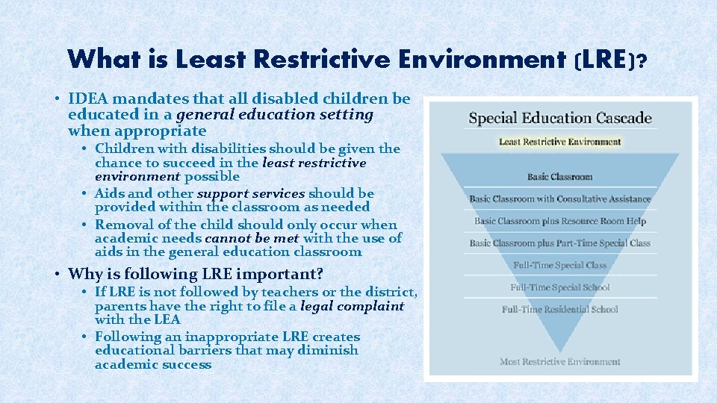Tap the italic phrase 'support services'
(250, 193)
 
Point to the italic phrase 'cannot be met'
(252, 238)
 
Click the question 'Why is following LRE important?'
(196, 273)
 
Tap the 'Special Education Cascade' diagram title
(559, 118)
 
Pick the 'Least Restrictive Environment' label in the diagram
(559, 142)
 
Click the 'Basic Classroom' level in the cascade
(559, 177)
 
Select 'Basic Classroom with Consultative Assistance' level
(559, 199)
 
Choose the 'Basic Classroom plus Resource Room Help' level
(559, 221)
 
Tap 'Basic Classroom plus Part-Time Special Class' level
(559, 243)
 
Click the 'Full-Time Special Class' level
(559, 265)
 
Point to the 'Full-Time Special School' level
(559, 287)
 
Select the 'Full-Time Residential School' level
(559, 309)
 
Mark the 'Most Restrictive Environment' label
(559, 362)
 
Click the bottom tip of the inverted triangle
(559, 351)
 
